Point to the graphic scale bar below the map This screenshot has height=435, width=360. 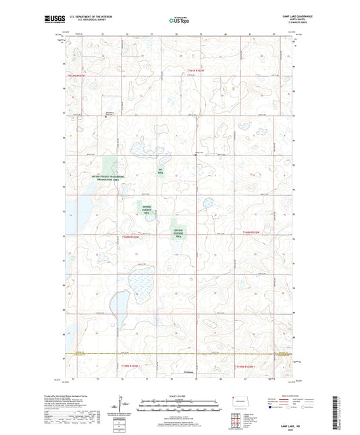coord(179,407)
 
